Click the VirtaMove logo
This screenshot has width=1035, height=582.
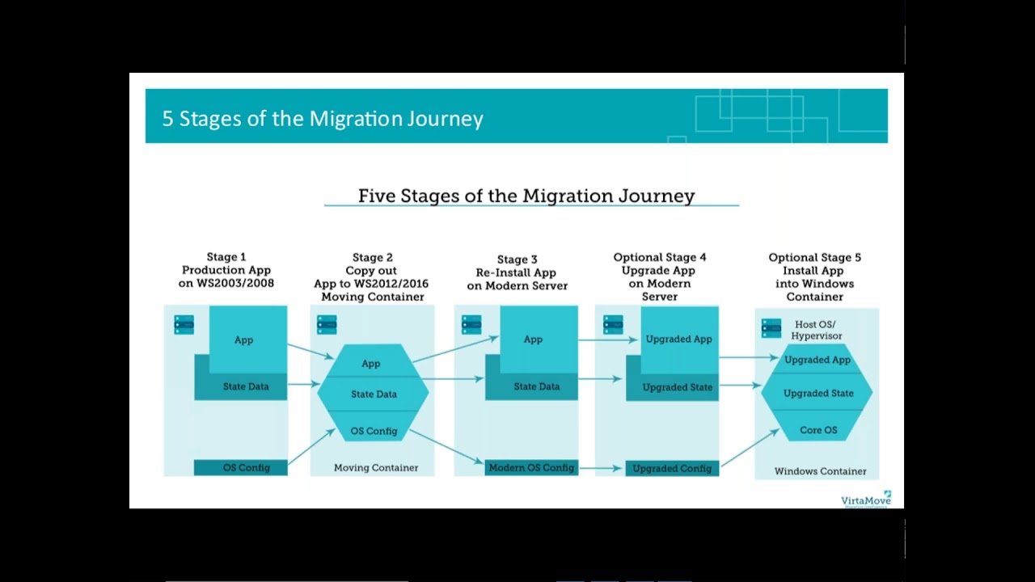click(x=865, y=499)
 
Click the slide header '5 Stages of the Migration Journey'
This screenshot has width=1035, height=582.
click(x=323, y=119)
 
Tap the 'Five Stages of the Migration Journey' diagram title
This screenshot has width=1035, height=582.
click(x=526, y=196)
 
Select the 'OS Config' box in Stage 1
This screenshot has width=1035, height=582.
click(x=242, y=467)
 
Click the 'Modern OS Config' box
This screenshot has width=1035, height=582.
click(x=531, y=467)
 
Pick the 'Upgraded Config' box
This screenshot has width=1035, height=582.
click(x=672, y=468)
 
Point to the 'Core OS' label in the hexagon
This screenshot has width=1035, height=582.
click(x=818, y=430)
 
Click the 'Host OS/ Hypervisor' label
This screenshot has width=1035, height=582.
click(x=817, y=330)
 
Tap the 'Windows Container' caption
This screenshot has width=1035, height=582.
click(x=820, y=471)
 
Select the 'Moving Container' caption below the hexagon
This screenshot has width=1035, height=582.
click(x=376, y=467)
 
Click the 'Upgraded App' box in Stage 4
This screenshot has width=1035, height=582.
click(x=679, y=339)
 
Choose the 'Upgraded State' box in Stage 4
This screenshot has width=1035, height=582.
click(x=677, y=387)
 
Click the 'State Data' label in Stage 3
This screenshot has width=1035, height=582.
click(x=536, y=386)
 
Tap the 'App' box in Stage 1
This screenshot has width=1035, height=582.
click(x=244, y=339)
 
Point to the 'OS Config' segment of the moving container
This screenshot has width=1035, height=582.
click(x=374, y=431)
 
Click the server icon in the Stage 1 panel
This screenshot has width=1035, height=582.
click(x=184, y=324)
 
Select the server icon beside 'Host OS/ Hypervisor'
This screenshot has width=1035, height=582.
click(x=771, y=328)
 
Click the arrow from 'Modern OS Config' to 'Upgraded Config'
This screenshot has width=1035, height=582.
click(x=602, y=468)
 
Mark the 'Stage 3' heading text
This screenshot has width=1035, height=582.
click(x=517, y=259)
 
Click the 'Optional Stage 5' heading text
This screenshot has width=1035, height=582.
click(x=814, y=258)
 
